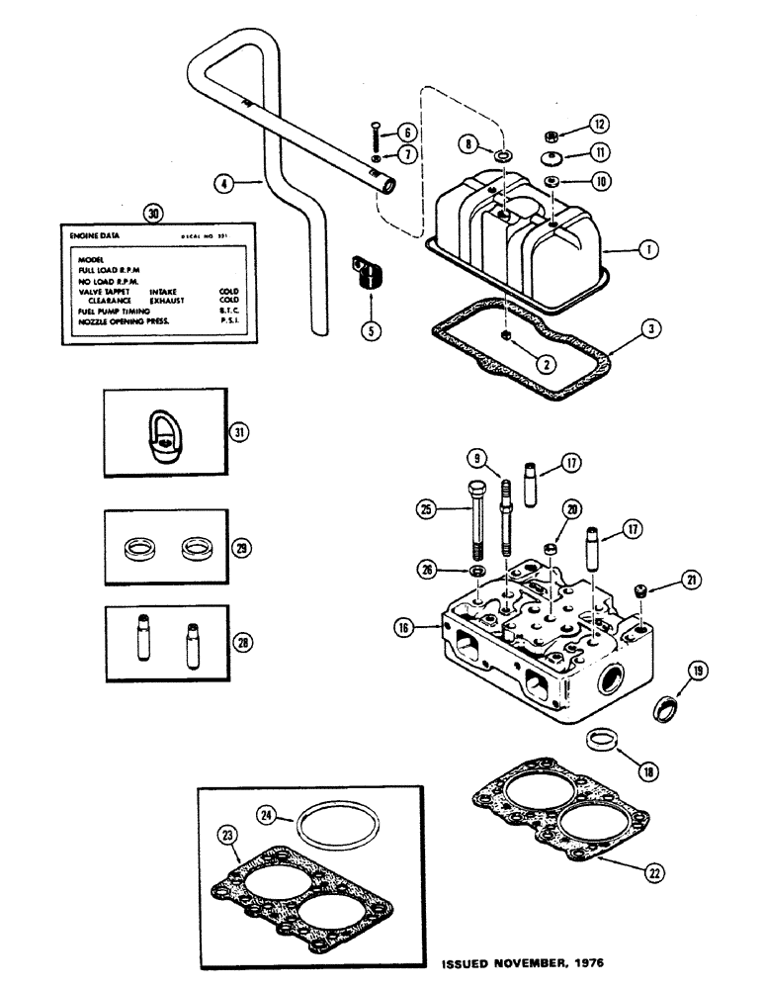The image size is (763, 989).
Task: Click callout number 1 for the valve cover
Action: (x=648, y=251)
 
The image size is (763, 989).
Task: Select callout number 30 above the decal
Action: (x=150, y=212)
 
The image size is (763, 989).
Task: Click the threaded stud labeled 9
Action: (x=505, y=519)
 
